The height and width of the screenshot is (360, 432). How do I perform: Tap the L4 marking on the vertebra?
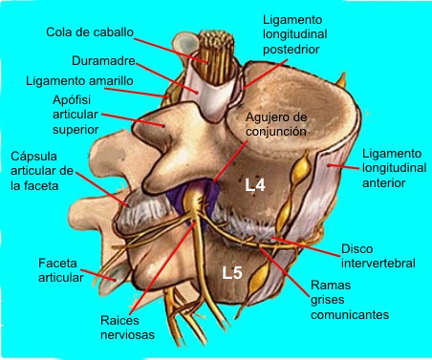coord(254,185)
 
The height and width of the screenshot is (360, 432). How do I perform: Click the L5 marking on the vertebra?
coord(232,273)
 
